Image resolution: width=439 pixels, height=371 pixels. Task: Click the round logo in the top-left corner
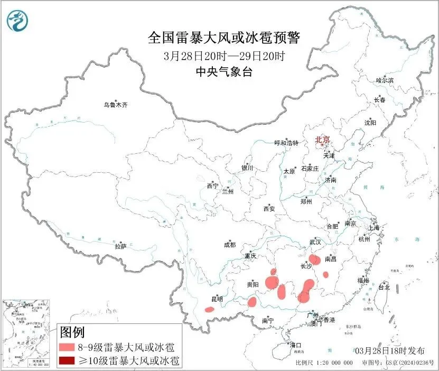(x=18, y=21)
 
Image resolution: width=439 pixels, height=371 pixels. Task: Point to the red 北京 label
(x=322, y=140)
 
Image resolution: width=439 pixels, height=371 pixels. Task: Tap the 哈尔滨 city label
(x=385, y=80)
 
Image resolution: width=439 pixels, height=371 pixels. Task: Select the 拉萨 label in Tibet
(x=120, y=246)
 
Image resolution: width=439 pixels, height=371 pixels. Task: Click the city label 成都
(x=230, y=245)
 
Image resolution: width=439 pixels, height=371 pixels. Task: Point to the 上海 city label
(x=375, y=227)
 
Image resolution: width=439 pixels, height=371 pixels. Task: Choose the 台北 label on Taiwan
(x=384, y=287)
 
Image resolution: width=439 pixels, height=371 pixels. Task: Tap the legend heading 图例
(x=72, y=332)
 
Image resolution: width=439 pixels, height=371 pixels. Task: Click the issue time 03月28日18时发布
(x=389, y=351)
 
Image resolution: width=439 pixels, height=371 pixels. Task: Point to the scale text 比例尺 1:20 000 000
(x=324, y=363)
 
